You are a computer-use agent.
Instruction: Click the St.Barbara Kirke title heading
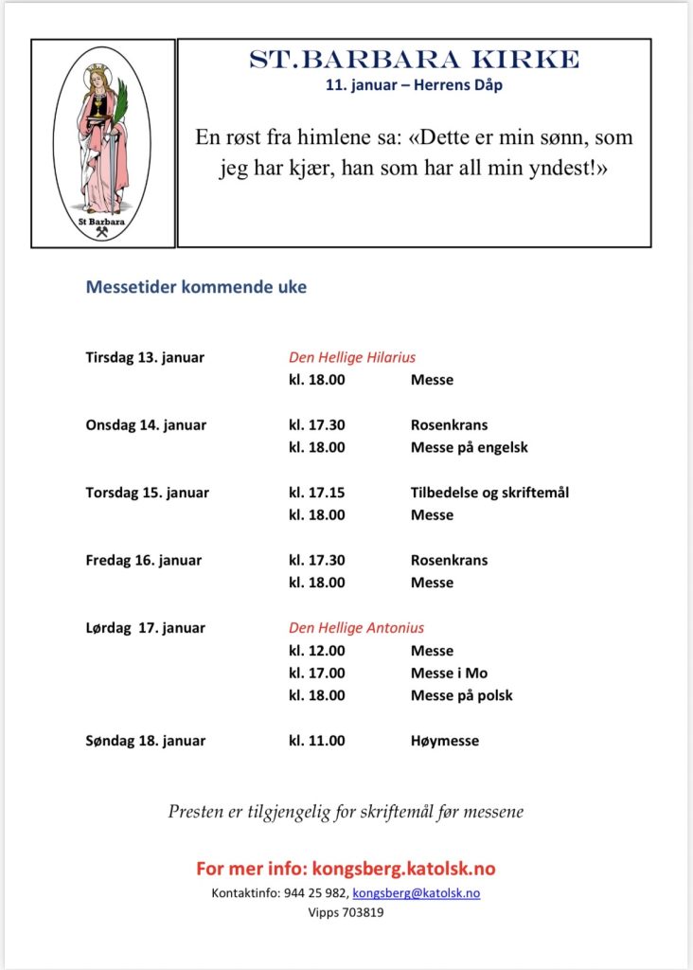[x=414, y=61]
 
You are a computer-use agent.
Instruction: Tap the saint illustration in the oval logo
[x=102, y=142]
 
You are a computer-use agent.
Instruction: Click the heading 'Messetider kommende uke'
[x=196, y=287]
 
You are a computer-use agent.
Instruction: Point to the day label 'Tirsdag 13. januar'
[x=145, y=358]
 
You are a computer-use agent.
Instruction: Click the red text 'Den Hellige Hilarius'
[x=352, y=358]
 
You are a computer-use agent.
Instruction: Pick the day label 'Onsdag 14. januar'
[x=146, y=425]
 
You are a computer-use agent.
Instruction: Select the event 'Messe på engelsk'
[x=469, y=447]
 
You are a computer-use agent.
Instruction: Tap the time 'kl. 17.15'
[x=316, y=493]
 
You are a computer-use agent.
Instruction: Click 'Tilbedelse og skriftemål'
[x=489, y=493]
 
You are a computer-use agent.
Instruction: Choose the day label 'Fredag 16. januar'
[x=144, y=560]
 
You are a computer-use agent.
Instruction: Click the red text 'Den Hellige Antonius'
[x=356, y=628]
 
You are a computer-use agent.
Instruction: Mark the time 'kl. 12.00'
[x=316, y=651]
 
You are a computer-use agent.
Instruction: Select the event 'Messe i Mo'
[x=449, y=674]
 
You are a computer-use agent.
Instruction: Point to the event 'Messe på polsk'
[x=461, y=695]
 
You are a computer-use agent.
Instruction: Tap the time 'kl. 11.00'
[x=316, y=741]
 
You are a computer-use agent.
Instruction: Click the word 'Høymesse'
[x=444, y=741]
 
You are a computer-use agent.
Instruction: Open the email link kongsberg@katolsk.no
[x=416, y=893]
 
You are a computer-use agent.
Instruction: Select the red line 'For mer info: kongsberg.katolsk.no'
[x=346, y=869]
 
